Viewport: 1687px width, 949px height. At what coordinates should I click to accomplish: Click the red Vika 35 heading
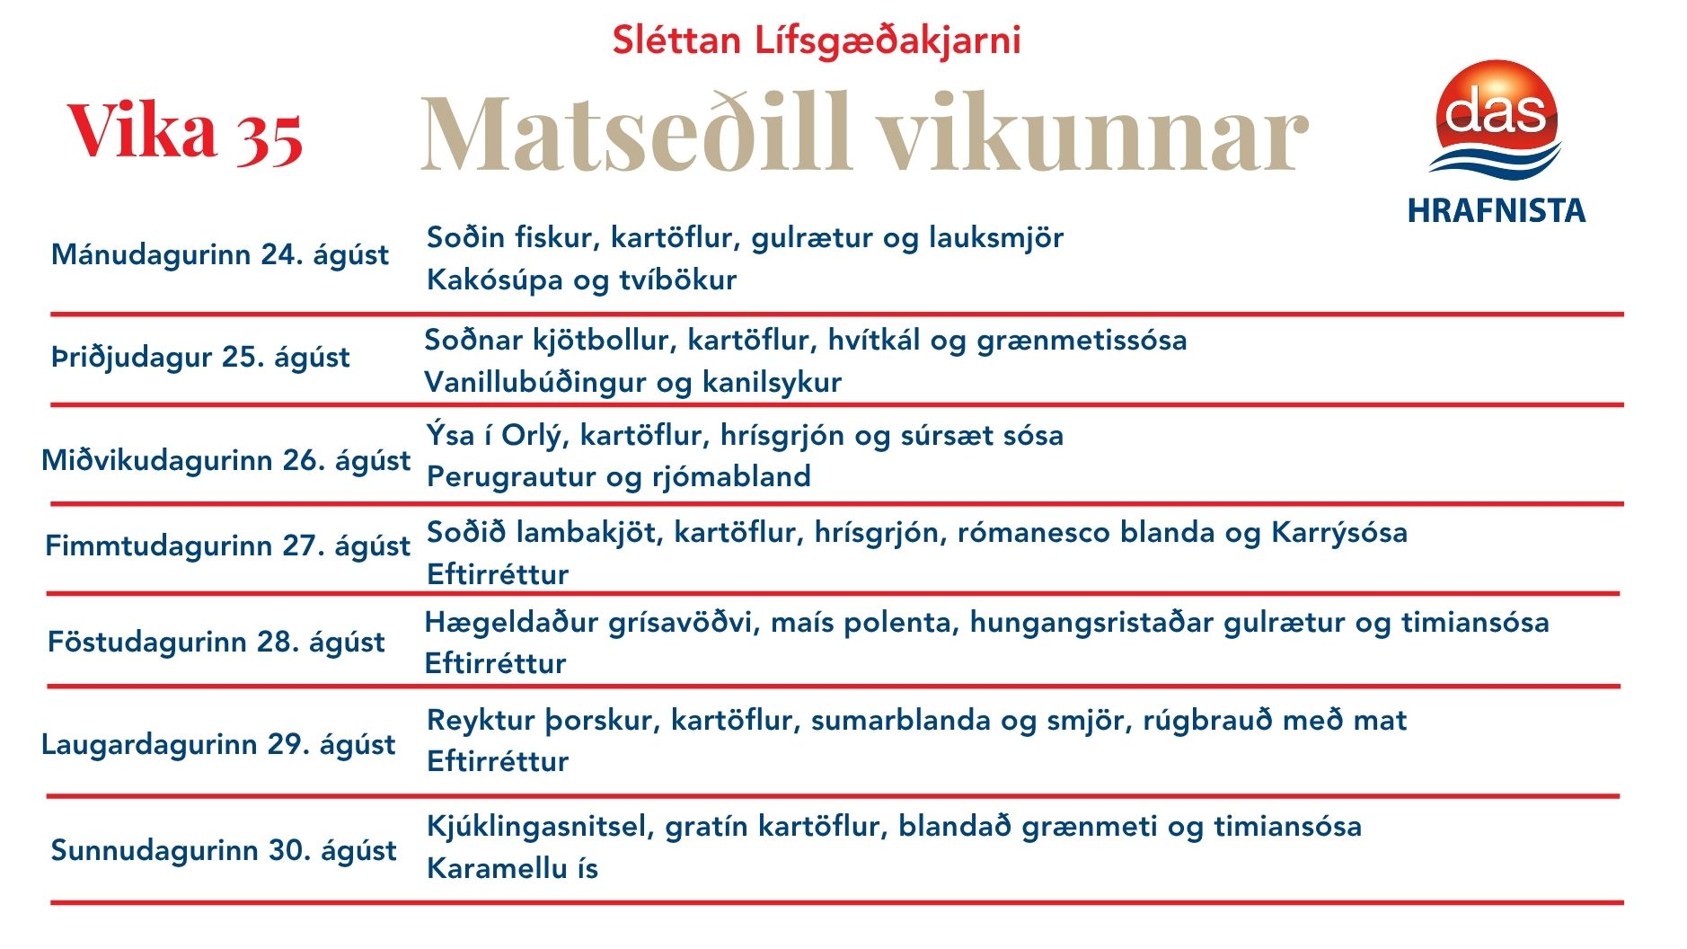pos(185,133)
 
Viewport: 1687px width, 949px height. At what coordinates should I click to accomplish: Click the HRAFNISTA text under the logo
pos(1497,210)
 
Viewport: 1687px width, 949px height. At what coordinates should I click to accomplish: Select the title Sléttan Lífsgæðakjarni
pos(817,41)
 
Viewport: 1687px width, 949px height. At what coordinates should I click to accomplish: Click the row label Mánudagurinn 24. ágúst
pos(220,255)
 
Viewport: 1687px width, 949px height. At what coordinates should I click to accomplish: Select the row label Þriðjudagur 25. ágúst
pos(200,358)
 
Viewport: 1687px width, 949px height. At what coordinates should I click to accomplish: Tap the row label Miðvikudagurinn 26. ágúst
pos(226,461)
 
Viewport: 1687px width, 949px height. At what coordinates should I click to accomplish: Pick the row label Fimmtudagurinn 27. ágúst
pos(228,546)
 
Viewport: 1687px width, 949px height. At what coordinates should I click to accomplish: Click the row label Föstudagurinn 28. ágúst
pos(216,643)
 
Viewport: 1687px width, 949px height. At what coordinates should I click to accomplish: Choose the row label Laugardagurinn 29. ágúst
pos(218,745)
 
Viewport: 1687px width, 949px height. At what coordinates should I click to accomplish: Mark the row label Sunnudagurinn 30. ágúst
pos(224,851)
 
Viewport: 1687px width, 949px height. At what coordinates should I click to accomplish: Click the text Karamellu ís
pos(512,869)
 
